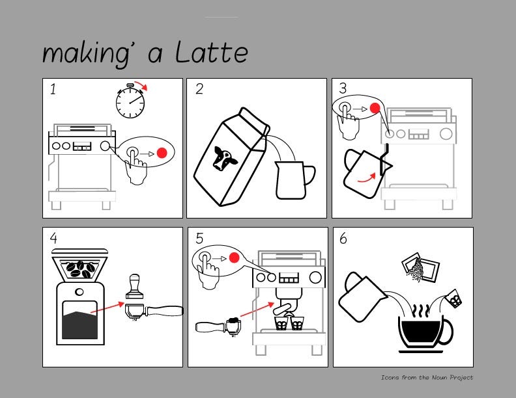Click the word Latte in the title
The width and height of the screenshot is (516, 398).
click(x=211, y=53)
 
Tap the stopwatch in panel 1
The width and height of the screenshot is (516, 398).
click(x=130, y=101)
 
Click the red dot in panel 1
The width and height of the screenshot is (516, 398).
click(x=162, y=153)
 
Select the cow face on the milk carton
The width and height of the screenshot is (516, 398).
click(x=225, y=158)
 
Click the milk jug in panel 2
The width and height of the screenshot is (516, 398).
click(x=293, y=180)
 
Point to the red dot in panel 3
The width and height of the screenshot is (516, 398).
click(x=375, y=108)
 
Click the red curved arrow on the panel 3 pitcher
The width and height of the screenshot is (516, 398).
click(x=367, y=178)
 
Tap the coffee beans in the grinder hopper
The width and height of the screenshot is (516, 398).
click(x=80, y=269)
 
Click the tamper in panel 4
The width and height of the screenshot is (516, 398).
click(x=134, y=286)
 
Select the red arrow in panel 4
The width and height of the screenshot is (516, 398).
click(x=107, y=308)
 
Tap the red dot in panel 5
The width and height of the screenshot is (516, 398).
click(x=235, y=258)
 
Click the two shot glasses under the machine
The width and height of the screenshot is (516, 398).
click(x=289, y=323)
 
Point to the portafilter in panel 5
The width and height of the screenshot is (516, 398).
click(x=218, y=326)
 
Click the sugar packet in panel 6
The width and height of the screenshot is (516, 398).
click(x=420, y=267)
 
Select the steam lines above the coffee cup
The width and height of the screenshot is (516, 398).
click(x=421, y=311)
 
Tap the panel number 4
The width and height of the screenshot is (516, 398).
click(x=53, y=238)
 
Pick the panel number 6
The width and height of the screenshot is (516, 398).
click(x=343, y=239)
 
